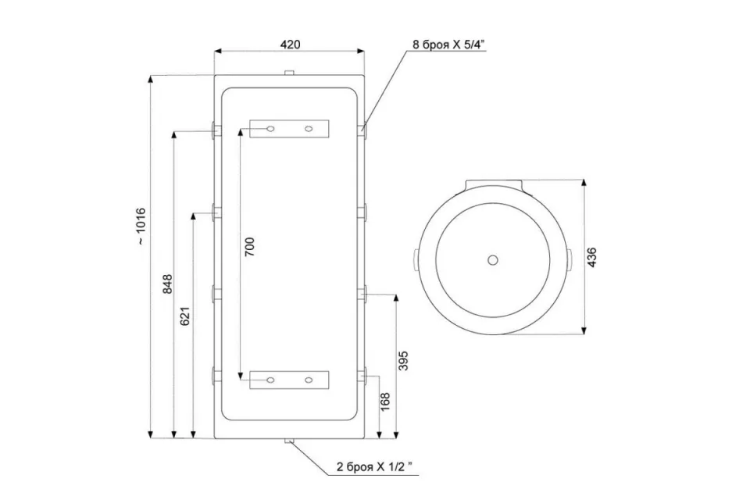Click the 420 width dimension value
point(290,45)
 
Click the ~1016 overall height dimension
point(141,227)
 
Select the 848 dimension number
point(167,284)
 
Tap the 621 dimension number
point(186,316)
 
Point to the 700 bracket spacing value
point(250,247)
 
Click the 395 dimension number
point(403,361)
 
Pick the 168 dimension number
point(385,402)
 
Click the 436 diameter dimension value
point(591,257)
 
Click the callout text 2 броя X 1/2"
point(374,467)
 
